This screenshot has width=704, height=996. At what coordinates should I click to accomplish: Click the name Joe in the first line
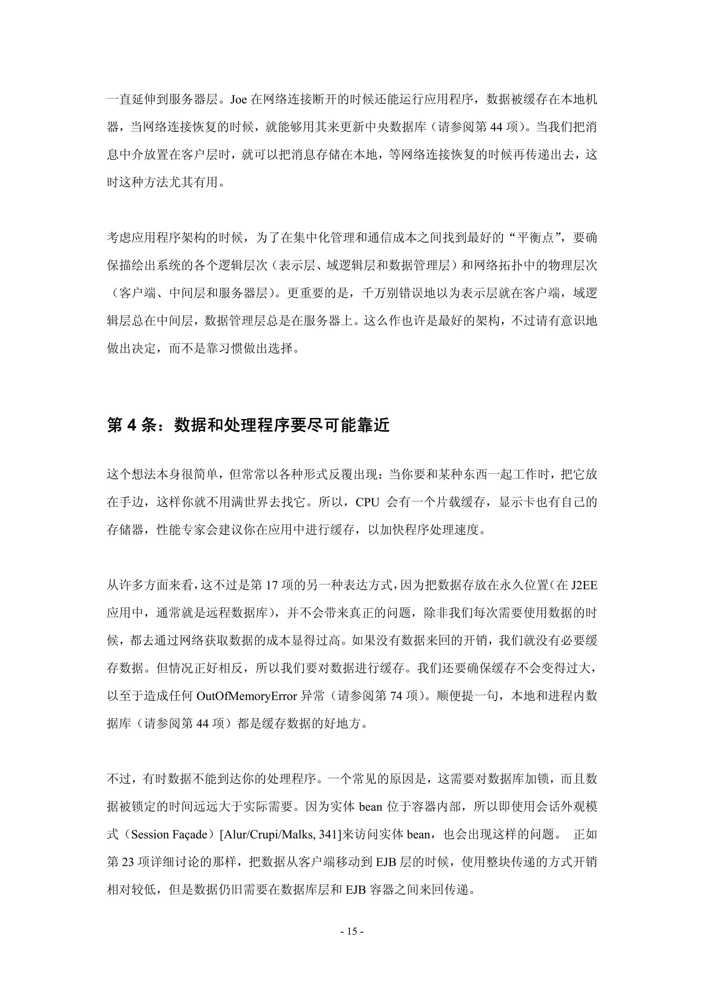(239, 100)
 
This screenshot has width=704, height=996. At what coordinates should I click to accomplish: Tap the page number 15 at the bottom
(352, 931)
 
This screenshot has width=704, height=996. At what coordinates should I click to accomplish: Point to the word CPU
(367, 502)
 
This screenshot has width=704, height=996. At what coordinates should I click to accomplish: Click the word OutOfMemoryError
(247, 696)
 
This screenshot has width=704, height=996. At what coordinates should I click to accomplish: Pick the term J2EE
(584, 585)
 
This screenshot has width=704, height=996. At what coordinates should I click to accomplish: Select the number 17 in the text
(271, 585)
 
